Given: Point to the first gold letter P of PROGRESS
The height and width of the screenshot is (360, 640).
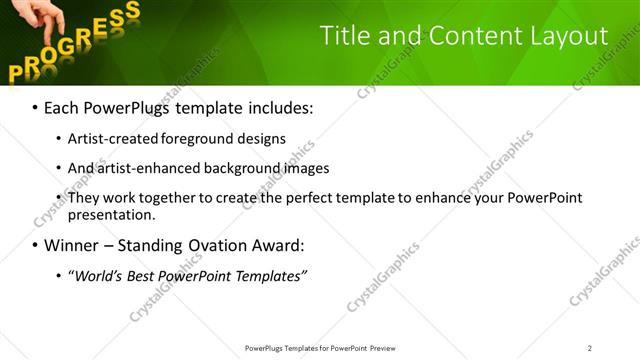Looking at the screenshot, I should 17,71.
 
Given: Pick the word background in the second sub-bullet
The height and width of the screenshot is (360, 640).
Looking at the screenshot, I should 228,168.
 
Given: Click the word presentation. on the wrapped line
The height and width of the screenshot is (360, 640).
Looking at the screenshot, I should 111,215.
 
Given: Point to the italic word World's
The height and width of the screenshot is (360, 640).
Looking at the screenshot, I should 98,276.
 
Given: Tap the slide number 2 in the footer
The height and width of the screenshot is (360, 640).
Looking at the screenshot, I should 589,347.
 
